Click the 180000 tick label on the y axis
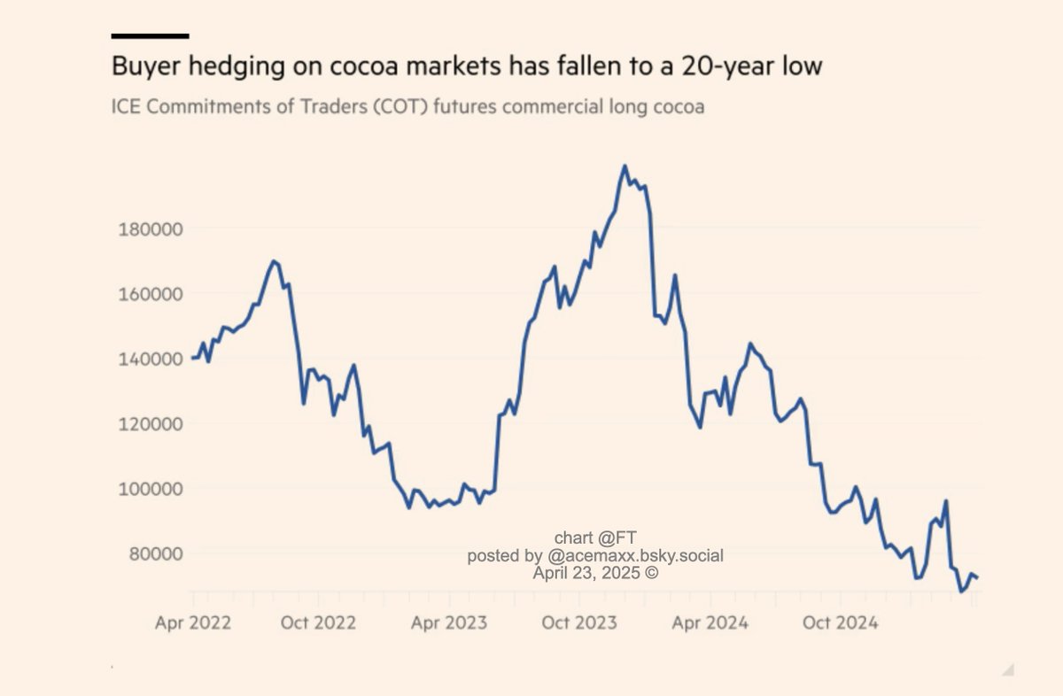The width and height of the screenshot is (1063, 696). click(x=150, y=228)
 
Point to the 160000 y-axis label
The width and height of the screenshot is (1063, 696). click(x=150, y=293)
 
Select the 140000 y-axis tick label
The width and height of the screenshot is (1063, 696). click(x=150, y=359)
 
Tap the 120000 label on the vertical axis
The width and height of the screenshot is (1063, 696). click(x=150, y=423)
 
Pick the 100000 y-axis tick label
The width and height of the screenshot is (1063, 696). click(x=150, y=488)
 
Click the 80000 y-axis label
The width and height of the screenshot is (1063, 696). click(x=154, y=553)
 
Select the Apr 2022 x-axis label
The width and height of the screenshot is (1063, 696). click(x=192, y=623)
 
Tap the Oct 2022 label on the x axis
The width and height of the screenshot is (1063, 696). click(x=318, y=623)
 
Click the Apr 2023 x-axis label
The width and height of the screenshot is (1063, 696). click(x=448, y=623)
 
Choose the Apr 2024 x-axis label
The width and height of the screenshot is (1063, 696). click(x=710, y=623)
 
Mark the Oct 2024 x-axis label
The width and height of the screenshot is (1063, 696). click(x=840, y=623)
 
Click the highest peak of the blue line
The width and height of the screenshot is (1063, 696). click(x=625, y=166)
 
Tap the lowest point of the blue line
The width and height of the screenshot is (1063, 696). click(x=961, y=592)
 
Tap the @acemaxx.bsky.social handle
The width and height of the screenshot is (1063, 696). click(x=635, y=556)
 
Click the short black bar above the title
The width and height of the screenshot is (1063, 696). click(x=150, y=36)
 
